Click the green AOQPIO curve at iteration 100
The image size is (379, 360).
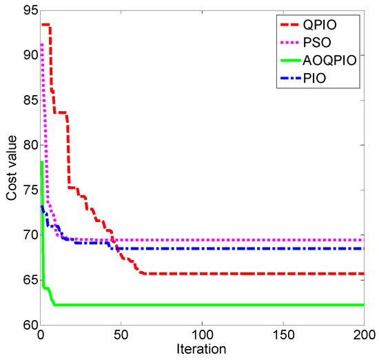202,304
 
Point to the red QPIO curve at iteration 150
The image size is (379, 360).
283,273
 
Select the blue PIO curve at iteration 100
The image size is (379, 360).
202,248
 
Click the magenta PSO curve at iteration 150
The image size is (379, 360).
283,240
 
